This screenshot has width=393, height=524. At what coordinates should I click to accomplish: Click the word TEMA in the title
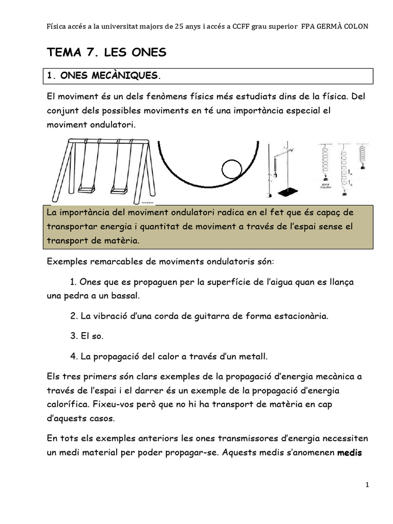click(63, 52)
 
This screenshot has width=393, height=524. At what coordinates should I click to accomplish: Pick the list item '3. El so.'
click(86, 336)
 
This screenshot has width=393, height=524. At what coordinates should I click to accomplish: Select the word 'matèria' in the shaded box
click(121, 240)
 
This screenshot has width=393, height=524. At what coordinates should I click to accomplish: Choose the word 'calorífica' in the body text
click(66, 404)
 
